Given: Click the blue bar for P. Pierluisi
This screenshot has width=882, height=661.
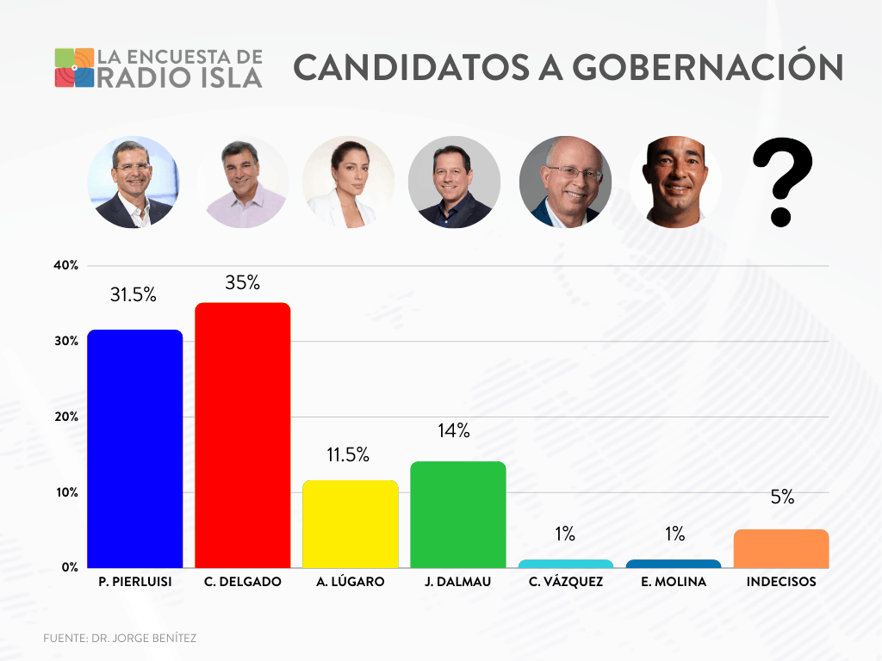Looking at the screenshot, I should pos(134,448).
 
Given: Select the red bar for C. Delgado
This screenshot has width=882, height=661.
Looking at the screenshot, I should pos(243,435).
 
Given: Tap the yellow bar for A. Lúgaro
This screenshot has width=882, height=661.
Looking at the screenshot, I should pos(350,523).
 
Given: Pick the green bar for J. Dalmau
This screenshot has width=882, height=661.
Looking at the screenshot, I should pos(457,514).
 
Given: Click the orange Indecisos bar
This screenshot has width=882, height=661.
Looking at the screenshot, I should pos(780,548).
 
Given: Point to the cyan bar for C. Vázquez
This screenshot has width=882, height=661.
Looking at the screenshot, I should pos(565,564).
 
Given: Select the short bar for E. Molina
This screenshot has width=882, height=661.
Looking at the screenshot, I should pos(673,564).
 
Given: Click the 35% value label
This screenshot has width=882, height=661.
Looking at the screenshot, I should pos(242,282).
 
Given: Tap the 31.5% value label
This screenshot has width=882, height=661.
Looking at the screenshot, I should pos(134,294).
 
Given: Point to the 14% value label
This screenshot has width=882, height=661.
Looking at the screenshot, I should pos(453,431).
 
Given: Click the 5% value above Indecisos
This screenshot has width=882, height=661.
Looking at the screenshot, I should pos(782,497).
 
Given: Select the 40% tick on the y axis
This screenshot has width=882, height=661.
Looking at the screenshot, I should pos(65,265).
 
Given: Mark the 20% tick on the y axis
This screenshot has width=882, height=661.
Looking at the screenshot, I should pos(65,417).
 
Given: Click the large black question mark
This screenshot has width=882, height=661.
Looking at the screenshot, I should pos(781,182).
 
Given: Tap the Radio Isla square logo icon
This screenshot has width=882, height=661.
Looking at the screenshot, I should pos(74,68).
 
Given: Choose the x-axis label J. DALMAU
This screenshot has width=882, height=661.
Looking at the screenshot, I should pos(457,582).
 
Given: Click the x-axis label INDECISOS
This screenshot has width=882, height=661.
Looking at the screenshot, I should pos(780,582).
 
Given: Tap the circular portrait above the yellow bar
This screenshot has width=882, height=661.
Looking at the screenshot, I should pos(348,182).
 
